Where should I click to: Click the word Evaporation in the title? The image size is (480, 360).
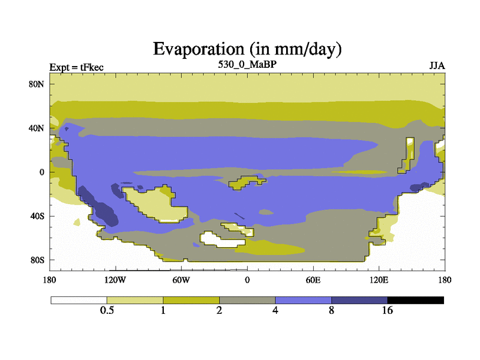[199, 49]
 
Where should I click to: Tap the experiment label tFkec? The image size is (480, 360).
[92, 67]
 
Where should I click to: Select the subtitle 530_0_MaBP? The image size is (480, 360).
[247, 65]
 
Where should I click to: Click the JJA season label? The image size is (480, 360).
[437, 66]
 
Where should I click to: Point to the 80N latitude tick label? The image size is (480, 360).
[37, 84]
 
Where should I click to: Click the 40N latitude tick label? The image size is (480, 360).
[37, 128]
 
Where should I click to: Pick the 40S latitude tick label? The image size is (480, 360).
[37, 216]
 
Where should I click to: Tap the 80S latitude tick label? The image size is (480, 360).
[37, 260]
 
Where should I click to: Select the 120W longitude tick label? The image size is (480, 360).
[115, 280]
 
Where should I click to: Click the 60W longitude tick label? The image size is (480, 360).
[181, 280]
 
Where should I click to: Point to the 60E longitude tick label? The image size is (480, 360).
[313, 280]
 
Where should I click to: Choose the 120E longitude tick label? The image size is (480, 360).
[379, 280]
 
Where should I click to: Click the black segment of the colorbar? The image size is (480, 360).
[415, 300]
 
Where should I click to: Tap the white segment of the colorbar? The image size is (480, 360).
[79, 300]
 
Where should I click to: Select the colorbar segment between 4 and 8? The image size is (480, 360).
[304, 300]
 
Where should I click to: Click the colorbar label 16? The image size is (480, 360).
[387, 310]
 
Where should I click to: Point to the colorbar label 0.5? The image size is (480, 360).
[107, 310]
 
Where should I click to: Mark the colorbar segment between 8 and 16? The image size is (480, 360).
[359, 300]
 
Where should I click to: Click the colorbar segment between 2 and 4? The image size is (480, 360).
[247, 300]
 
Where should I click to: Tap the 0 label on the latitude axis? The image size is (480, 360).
[41, 172]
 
